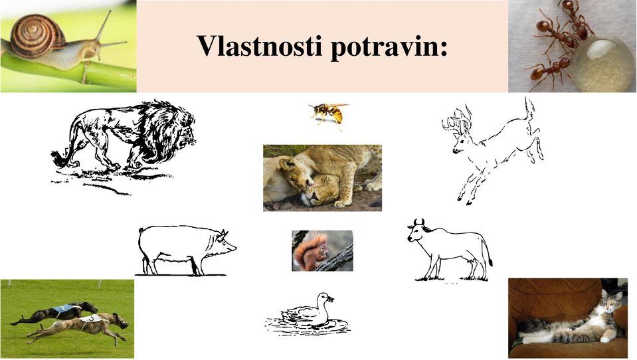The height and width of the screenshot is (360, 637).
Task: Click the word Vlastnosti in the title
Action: point(259,46)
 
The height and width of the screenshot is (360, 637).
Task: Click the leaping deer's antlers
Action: point(458,121)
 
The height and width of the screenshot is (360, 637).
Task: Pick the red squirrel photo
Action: point(323,250)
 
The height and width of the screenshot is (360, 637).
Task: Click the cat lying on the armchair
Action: point(572,321)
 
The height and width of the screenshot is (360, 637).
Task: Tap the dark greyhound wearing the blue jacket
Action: point(56,313)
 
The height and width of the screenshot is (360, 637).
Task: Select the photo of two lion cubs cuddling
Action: point(323,178)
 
